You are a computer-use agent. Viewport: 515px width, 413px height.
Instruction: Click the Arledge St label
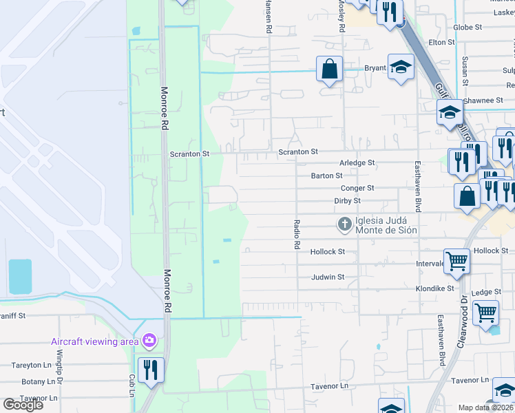click(x=357, y=163)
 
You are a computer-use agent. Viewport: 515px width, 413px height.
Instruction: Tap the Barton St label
click(x=326, y=176)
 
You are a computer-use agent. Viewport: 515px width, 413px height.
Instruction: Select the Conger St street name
click(x=357, y=188)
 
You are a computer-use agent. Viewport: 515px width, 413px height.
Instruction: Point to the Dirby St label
click(x=347, y=201)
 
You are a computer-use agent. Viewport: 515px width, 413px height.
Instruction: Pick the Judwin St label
click(x=327, y=277)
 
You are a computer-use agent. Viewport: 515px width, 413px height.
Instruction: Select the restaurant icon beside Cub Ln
click(x=149, y=368)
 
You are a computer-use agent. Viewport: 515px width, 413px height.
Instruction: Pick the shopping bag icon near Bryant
click(x=330, y=68)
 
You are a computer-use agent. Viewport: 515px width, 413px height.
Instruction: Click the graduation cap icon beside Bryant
click(x=400, y=67)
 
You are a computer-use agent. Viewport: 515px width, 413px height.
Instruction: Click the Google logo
click(x=23, y=405)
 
